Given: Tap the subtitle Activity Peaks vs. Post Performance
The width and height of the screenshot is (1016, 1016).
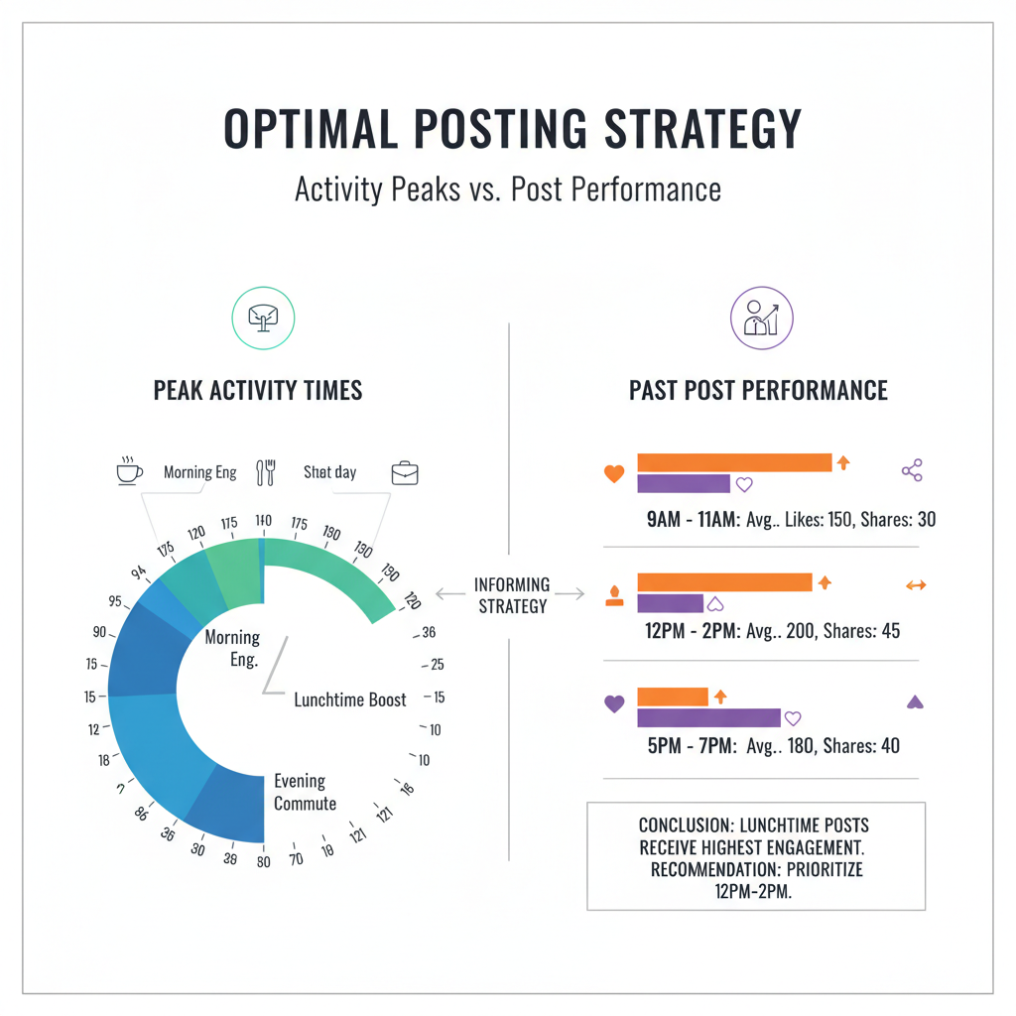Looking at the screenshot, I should pos(508,189).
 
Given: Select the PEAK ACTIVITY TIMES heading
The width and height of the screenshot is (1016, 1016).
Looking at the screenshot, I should pos(258,390).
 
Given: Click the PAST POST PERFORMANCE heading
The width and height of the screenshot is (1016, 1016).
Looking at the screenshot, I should pos(759,390).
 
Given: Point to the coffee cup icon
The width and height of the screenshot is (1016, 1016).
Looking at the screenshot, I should pos(129,471).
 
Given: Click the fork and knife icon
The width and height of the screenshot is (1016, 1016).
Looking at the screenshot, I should pos(265,472).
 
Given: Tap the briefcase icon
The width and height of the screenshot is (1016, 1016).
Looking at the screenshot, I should pos(404,472).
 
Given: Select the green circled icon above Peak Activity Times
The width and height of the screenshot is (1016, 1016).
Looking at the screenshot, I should pos(264,318).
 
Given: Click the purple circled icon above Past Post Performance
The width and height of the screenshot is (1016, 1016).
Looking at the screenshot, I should pos(761,318).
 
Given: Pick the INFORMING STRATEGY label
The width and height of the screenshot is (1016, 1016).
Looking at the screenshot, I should pos(512,595).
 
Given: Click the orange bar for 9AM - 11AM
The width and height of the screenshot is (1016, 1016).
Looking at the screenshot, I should pos(734,462).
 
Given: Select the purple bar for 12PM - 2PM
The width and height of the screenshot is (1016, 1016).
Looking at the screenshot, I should pos(670,602).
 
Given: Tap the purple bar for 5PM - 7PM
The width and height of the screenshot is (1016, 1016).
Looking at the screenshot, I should pos(708,717).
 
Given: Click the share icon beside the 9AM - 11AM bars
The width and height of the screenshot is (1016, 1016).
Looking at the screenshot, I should pos(912,470).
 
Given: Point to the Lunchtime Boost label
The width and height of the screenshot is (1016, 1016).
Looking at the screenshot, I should pos(350,699).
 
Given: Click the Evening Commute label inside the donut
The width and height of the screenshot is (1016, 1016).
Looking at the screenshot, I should pos(305,793).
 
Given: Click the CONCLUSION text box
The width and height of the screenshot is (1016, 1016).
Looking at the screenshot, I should pos(756,855).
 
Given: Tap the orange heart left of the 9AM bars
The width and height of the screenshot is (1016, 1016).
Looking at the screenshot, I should pos(614,474).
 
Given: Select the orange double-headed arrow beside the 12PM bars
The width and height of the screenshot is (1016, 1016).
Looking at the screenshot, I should pos(916,585).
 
